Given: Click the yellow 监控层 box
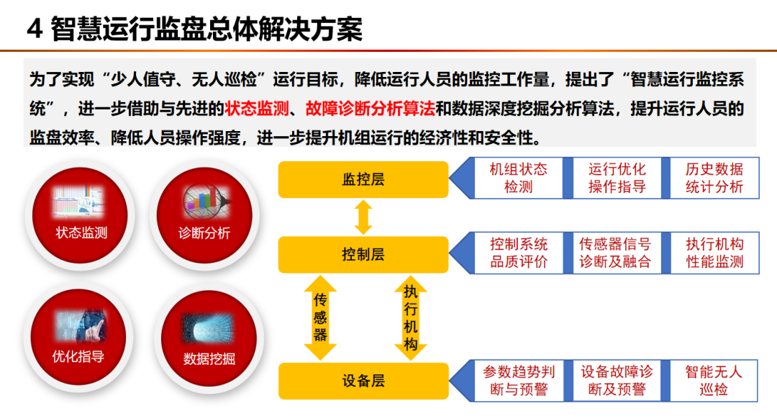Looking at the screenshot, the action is (x=363, y=179).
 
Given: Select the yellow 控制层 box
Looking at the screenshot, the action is (x=363, y=254).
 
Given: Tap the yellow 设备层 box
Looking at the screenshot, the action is (x=363, y=381).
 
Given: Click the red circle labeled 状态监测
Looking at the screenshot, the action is (x=80, y=215).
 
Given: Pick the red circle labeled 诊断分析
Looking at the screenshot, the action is (x=204, y=215).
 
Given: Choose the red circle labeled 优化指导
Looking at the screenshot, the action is (x=78, y=337).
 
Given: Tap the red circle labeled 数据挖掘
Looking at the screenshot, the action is (x=209, y=338).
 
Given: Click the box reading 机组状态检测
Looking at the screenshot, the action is (x=518, y=178).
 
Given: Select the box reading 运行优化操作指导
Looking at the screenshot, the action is (x=617, y=178).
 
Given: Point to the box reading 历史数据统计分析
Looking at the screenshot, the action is (x=714, y=178).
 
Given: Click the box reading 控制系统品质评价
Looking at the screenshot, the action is (x=518, y=253).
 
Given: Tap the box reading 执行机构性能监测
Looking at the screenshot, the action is (x=714, y=253).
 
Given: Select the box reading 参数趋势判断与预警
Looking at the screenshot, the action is (x=518, y=381).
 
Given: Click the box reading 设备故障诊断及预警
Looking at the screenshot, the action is (x=617, y=381).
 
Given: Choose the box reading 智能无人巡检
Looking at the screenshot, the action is (x=714, y=381).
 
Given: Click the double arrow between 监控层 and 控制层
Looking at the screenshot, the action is (x=363, y=217).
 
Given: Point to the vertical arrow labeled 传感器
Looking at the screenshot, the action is (x=320, y=317).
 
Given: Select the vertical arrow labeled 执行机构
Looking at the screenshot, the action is (x=410, y=317).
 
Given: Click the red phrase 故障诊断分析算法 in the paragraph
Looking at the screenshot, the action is (x=371, y=109).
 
